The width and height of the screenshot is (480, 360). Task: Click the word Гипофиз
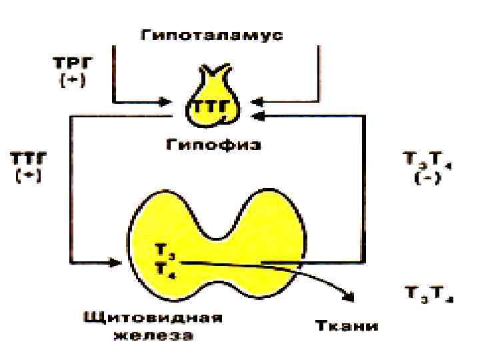(x=213, y=144)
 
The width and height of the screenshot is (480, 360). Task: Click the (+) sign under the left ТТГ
(x=27, y=178)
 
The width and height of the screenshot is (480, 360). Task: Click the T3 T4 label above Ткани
(x=428, y=294)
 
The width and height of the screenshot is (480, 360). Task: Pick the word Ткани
(x=346, y=326)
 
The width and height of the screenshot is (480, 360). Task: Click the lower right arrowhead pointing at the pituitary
(x=261, y=117)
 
